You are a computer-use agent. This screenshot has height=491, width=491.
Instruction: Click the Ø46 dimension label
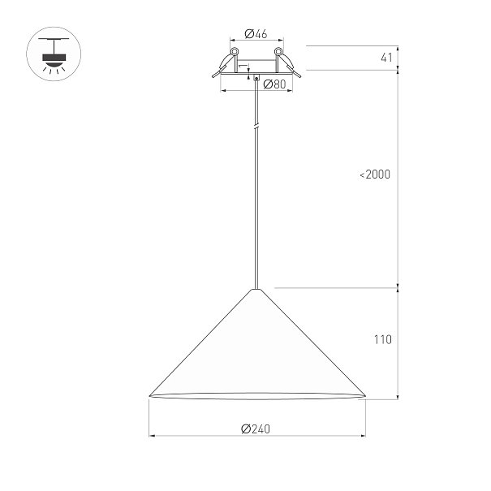tap(256, 33)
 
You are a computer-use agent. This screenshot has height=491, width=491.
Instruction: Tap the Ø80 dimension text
tap(274, 84)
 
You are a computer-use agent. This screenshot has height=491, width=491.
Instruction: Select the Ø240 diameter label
tap(256, 429)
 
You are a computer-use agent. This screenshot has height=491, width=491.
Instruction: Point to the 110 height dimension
tap(382, 339)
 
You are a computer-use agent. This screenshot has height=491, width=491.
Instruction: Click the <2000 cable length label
tap(375, 174)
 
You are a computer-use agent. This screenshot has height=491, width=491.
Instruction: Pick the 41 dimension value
tap(386, 58)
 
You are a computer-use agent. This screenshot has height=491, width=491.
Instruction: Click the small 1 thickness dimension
tap(242, 67)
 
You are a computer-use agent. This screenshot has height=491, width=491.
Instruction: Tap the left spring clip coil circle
tap(235, 51)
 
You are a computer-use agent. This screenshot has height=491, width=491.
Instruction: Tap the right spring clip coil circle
tap(278, 51)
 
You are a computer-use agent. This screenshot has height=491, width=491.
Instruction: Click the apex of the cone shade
tap(256, 290)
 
